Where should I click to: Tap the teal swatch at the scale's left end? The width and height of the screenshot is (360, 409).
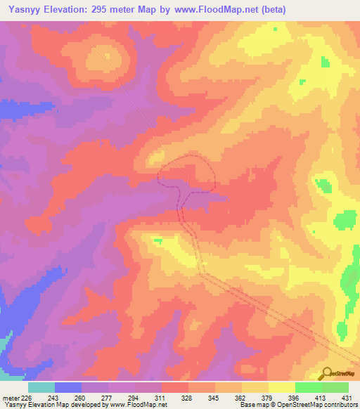click(x=41, y=387)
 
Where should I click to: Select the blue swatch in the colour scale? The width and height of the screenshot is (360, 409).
click(x=68, y=387)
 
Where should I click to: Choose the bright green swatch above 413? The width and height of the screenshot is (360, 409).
click(x=309, y=387)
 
